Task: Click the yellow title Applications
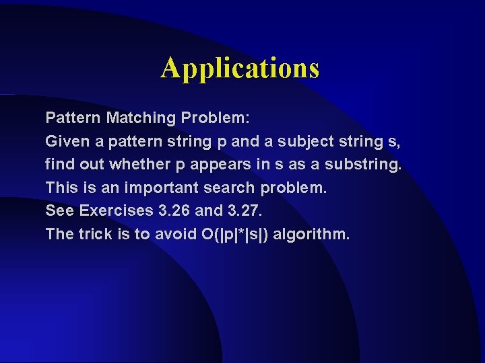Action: click(240, 68)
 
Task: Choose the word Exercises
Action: click(116, 210)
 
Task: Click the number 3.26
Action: click(174, 210)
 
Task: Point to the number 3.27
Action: click(243, 210)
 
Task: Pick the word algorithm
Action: click(313, 235)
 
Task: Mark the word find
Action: click(58, 164)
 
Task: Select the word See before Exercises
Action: click(59, 210)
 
